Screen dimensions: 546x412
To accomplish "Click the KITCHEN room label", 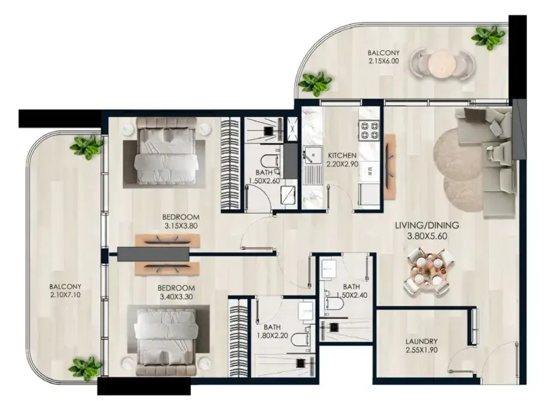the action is pos(342,155).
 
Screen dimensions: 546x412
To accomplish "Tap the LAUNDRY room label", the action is pos(421,341).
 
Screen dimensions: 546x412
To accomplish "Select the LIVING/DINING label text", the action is pos(427,225).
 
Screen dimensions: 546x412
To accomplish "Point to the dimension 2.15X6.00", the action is pos(383,61).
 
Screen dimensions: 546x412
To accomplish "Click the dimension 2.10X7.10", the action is pos(65,295).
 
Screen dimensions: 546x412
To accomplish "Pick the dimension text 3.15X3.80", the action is pos(181,226).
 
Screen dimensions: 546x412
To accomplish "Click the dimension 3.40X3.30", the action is pos(176,297).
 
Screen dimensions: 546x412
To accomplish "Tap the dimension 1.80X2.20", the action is pos(272,335).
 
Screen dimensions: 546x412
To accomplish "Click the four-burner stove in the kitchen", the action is pos(368,130).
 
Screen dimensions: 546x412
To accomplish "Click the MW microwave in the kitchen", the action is pos(369,172).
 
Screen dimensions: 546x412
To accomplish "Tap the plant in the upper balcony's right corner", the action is pos(488,38).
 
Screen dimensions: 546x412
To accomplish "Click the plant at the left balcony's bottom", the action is pos(85,369).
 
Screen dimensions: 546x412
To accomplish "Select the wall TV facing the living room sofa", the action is pos(389,166).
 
